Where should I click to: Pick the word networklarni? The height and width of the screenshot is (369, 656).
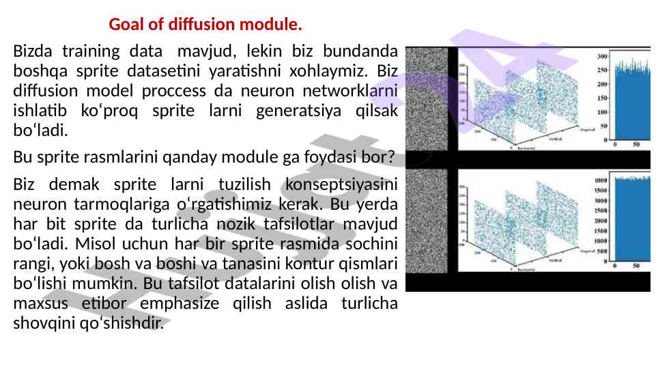tap(351, 90)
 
